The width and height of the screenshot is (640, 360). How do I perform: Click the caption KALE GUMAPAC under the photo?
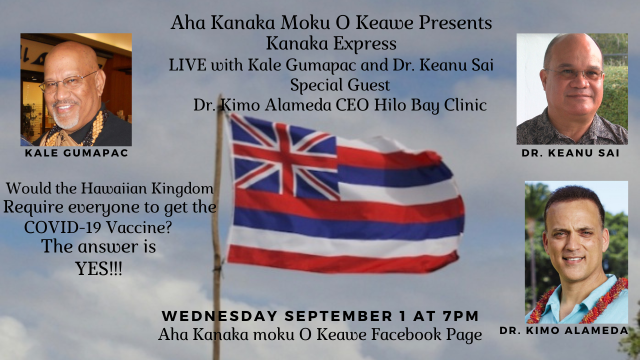point(76,153)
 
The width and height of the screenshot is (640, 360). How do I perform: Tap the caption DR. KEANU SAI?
point(570,153)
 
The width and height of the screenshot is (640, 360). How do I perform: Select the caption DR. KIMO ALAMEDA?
point(563,330)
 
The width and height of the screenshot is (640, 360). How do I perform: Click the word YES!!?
point(99,268)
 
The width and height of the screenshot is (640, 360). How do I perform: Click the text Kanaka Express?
point(331,43)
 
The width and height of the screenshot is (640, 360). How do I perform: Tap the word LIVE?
point(187,65)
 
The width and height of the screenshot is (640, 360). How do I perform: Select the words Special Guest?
point(340,85)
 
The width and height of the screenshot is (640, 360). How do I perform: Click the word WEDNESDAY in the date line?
point(219,315)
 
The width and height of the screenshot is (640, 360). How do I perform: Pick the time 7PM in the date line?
point(460,315)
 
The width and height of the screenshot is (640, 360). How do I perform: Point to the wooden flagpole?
point(217,228)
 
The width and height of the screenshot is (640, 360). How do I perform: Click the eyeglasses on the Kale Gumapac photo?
point(68,82)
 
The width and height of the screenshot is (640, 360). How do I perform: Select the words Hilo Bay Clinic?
point(430,105)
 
